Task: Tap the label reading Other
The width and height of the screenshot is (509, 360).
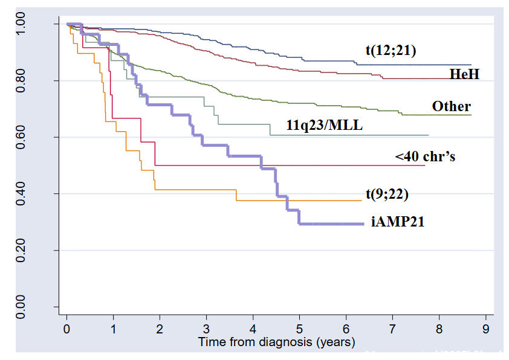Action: tap(451, 106)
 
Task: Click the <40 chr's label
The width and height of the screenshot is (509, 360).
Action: tap(424, 156)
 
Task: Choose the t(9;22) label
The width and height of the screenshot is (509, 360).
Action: tap(387, 194)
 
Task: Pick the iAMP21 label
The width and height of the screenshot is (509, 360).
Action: tap(397, 222)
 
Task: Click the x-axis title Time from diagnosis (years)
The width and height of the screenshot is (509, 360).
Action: tap(277, 342)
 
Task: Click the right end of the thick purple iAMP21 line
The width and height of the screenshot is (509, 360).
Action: tap(363, 223)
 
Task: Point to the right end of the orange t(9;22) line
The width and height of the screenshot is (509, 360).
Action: tap(361, 201)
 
